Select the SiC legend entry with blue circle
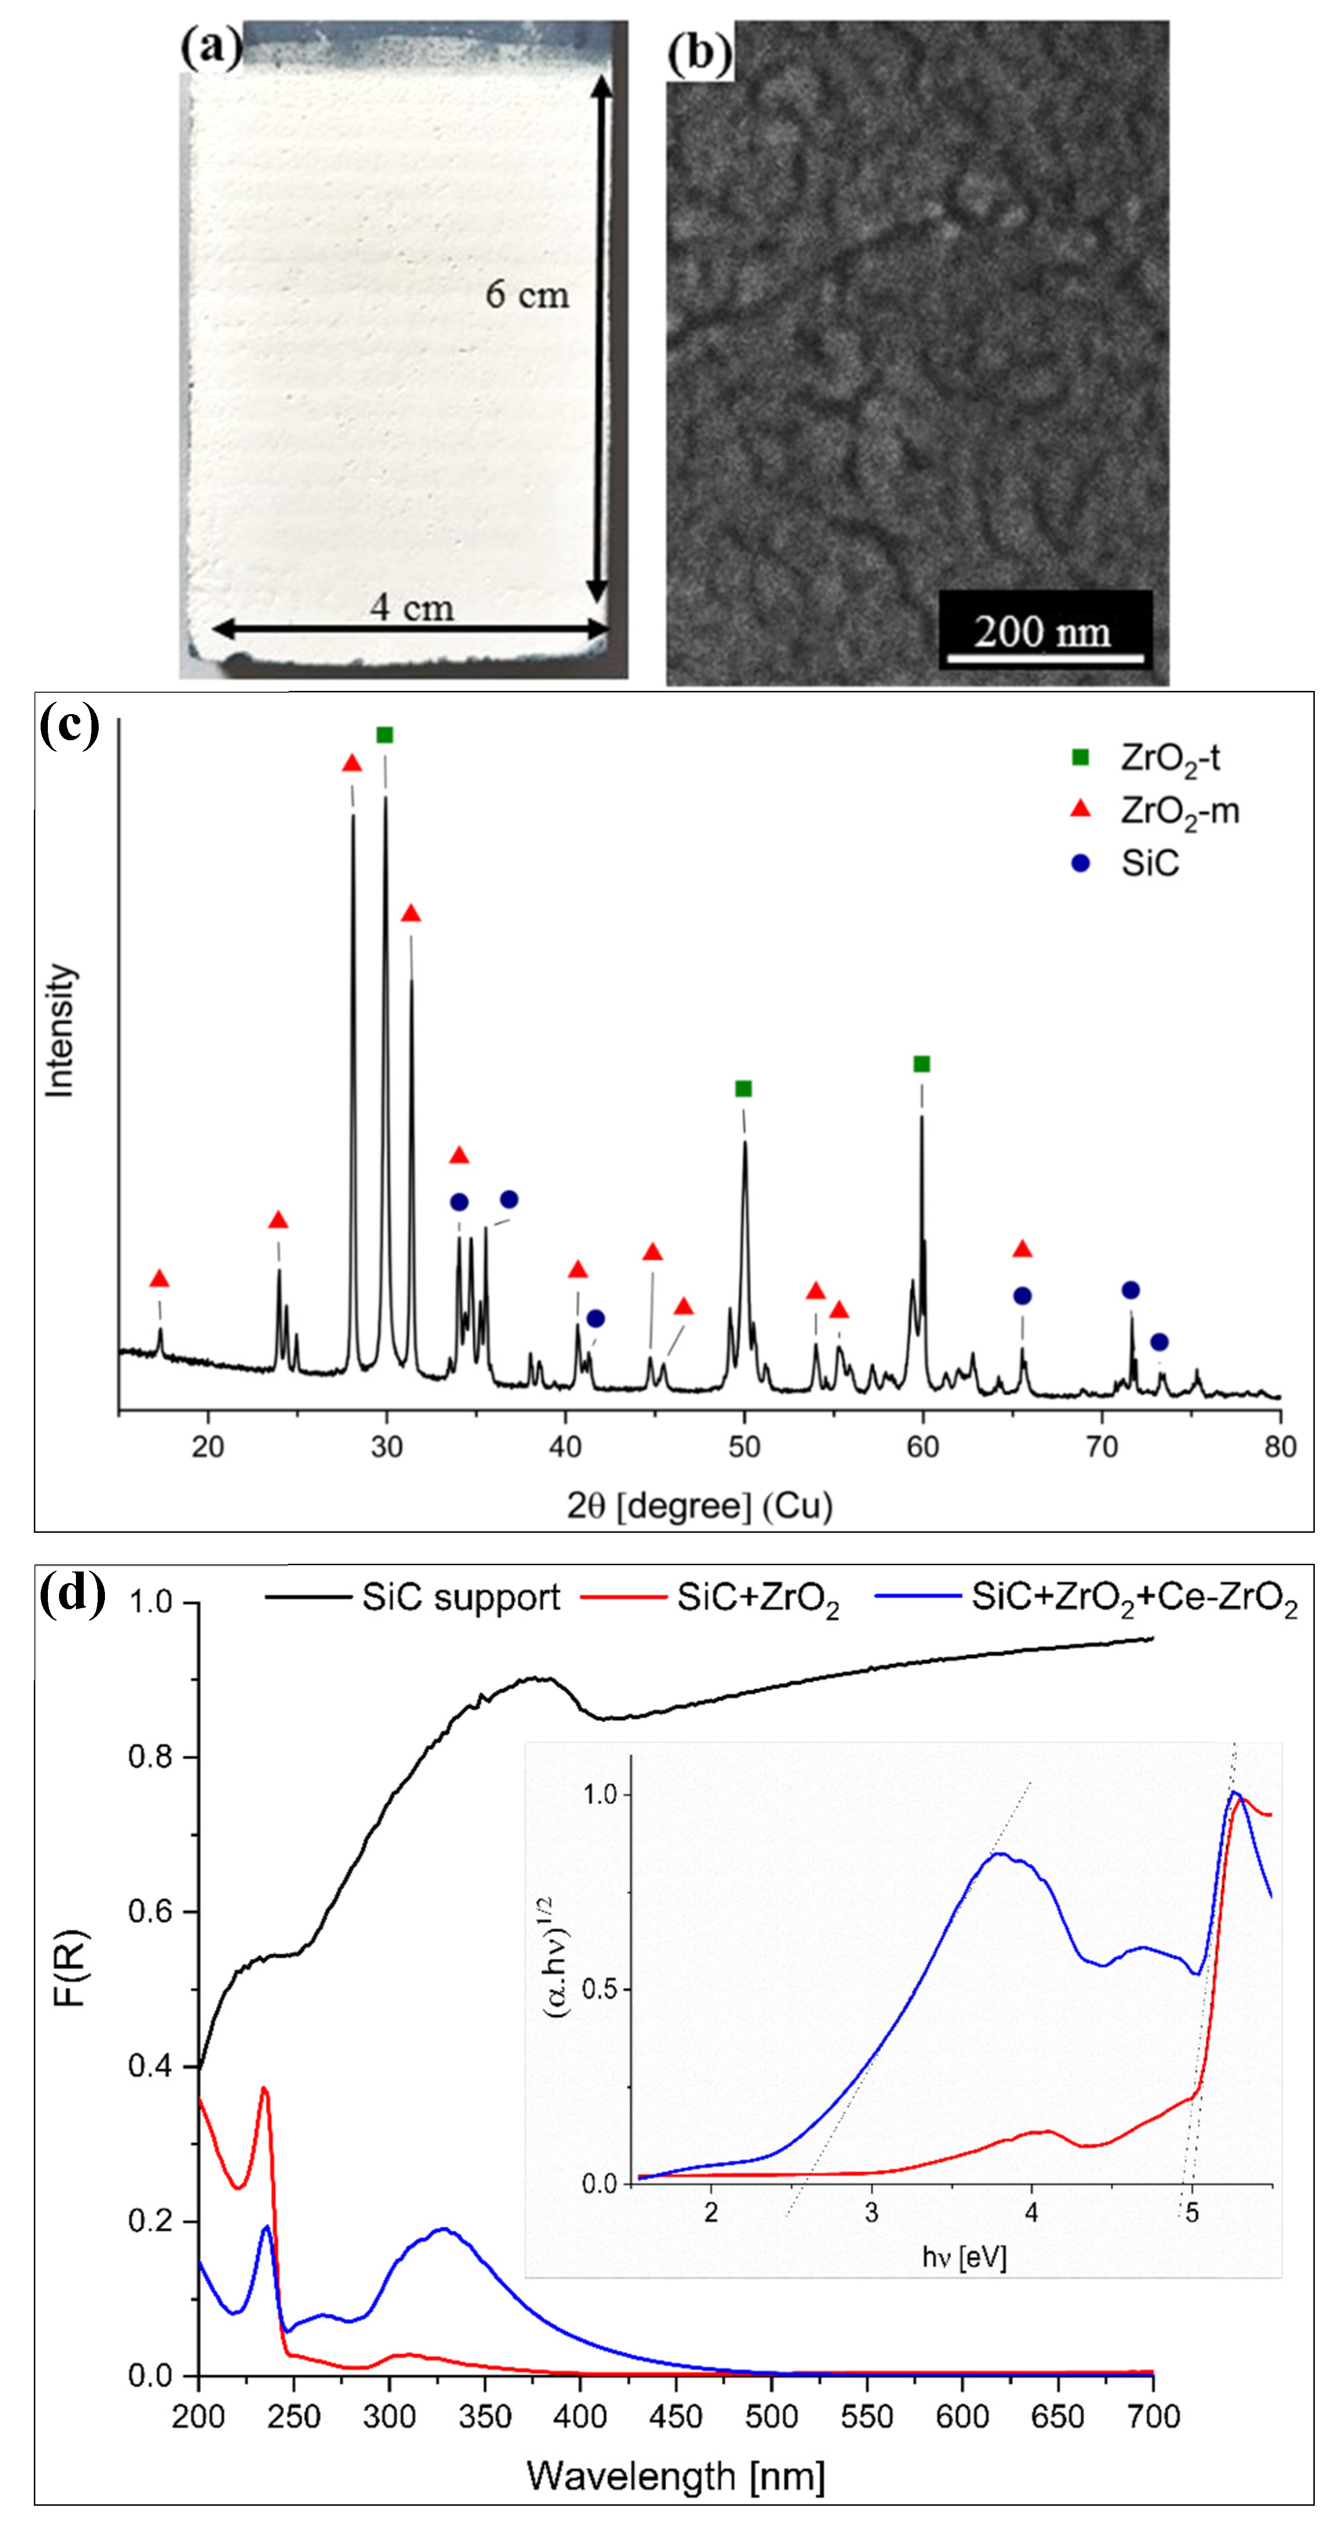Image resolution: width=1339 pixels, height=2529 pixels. click(1148, 864)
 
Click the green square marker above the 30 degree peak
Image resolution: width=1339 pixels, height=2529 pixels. click(385, 735)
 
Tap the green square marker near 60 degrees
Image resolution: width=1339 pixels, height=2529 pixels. click(921, 1064)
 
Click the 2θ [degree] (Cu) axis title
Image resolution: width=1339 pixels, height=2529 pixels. click(699, 1506)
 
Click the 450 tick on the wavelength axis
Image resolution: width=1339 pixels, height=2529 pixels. click(675, 2416)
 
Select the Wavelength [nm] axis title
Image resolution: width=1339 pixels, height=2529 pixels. click(675, 2476)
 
